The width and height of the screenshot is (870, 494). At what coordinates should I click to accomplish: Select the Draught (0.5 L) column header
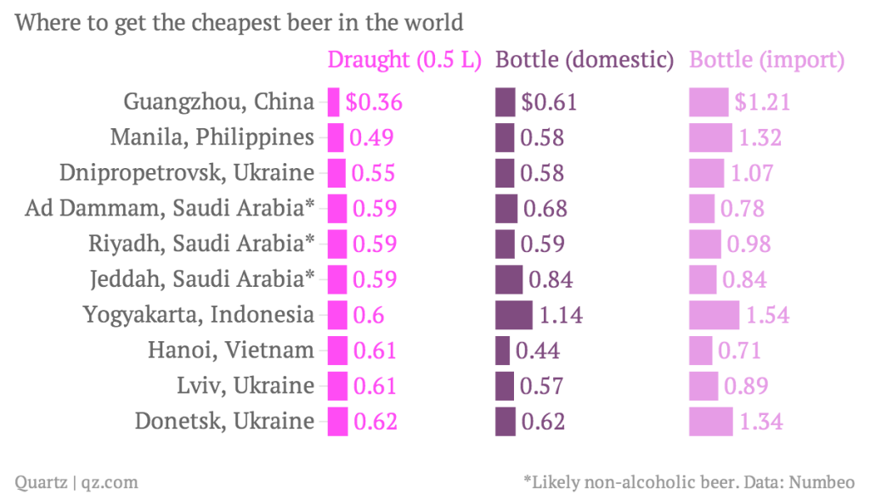[x=404, y=60]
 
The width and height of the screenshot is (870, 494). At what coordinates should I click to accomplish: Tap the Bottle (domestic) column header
[x=585, y=60]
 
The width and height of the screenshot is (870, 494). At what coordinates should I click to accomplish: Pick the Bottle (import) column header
[x=766, y=60]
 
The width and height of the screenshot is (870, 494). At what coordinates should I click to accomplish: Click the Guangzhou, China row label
[x=218, y=102]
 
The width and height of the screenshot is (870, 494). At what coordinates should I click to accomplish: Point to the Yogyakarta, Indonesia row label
[x=198, y=315]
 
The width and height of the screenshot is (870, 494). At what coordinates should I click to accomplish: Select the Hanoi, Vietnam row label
[x=230, y=350]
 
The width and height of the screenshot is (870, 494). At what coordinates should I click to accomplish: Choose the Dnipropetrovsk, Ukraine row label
[x=187, y=172]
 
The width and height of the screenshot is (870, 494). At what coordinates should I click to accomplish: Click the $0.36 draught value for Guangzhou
[x=373, y=102]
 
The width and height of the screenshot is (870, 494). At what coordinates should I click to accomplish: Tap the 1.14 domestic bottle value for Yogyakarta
[x=561, y=315]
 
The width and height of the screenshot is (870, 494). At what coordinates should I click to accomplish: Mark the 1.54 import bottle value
[x=767, y=315]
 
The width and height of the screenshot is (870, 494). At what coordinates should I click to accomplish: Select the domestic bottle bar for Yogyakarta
[x=514, y=315]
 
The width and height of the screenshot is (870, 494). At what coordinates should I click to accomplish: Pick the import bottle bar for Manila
[x=710, y=138]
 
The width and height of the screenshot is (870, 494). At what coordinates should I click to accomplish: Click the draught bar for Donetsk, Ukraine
[x=337, y=421]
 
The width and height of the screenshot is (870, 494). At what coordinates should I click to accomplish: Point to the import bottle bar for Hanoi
[x=700, y=350]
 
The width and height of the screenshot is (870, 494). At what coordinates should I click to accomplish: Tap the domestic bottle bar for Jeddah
[x=509, y=279]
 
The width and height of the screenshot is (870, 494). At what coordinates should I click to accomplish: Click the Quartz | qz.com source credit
[x=76, y=481]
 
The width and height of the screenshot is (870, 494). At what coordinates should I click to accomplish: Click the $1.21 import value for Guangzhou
[x=762, y=102]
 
